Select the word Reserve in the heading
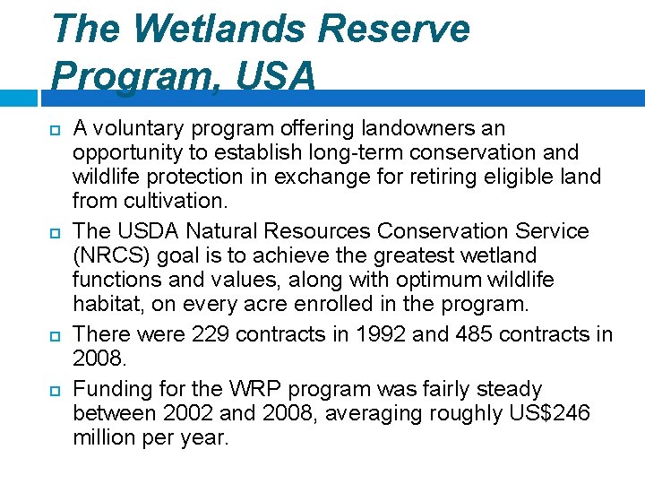(x=394, y=29)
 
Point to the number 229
(x=210, y=334)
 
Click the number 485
(x=452, y=334)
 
